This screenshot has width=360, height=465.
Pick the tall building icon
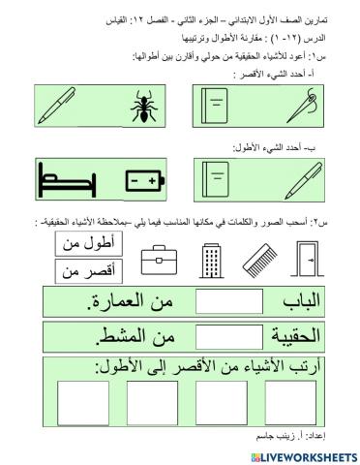pyautogui.click(x=212, y=259)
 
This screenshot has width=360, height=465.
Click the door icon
pyautogui.click(x=309, y=259)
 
